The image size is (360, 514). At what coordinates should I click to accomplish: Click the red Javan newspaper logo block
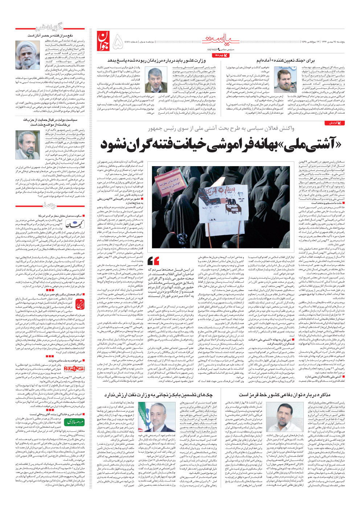103,41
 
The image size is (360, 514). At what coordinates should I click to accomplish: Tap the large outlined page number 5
118,42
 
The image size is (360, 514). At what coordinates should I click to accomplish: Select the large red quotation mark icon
154,260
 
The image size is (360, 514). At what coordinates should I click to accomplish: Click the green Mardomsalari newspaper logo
74,422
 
